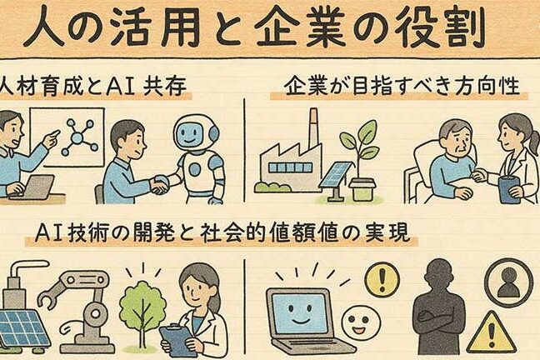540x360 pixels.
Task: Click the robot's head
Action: (x=196, y=133)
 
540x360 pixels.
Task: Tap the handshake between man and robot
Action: (x=160, y=184)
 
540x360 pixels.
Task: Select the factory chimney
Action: (x=313, y=128)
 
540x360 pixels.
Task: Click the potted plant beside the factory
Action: (x=359, y=161)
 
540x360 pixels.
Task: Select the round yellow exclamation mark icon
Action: (x=382, y=277)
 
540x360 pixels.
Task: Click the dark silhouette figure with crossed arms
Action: (x=437, y=308)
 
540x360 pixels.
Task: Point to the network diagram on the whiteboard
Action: (x=78, y=137)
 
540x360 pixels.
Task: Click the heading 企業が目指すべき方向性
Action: (x=402, y=86)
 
